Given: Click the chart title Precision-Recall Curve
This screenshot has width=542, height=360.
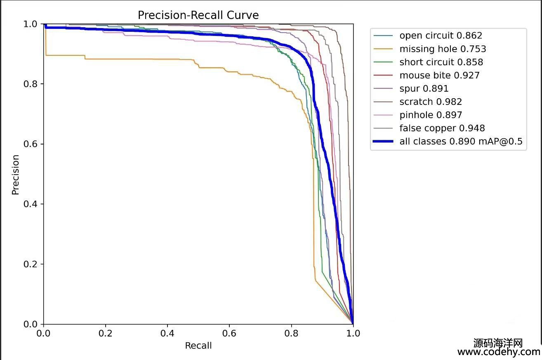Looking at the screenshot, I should (198, 15).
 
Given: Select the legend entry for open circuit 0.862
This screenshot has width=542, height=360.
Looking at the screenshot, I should (441, 36).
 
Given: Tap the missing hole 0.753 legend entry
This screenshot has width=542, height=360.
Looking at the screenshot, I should (443, 49).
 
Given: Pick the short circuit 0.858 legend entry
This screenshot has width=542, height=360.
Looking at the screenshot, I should (441, 62).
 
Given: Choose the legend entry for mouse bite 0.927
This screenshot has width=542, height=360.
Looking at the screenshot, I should (439, 75).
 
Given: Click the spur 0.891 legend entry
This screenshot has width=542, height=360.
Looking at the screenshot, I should (424, 88).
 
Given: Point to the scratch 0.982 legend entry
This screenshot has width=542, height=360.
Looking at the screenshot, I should (431, 102).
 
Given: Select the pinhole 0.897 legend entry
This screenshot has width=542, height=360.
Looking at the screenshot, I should (431, 115).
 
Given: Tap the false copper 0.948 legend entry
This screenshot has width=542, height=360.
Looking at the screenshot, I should (442, 128).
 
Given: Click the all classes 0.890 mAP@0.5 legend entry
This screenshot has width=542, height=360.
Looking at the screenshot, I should (461, 141).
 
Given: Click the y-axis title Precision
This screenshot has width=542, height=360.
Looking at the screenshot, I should (16, 174).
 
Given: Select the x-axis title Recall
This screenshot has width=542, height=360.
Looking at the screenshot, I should (198, 346).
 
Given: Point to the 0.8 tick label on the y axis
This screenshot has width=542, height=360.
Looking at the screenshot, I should (31, 84).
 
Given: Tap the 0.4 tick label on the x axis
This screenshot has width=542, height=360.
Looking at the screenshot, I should (167, 333).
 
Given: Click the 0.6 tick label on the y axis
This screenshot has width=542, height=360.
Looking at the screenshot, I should (31, 144).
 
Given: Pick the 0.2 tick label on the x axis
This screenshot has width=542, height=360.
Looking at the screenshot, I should (105, 333).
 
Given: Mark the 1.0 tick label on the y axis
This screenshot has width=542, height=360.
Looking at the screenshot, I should (31, 24).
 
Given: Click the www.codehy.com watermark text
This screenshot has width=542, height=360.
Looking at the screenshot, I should (499, 352).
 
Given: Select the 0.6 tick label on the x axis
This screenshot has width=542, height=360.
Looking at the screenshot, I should (229, 333).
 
